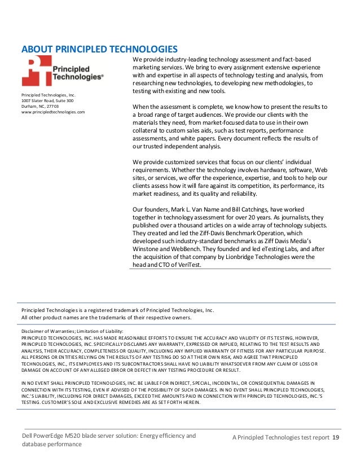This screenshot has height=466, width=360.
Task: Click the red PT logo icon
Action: coord(36,71)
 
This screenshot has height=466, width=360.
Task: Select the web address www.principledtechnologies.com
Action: coord(53,112)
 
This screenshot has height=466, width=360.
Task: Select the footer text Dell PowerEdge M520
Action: coord(58,436)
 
